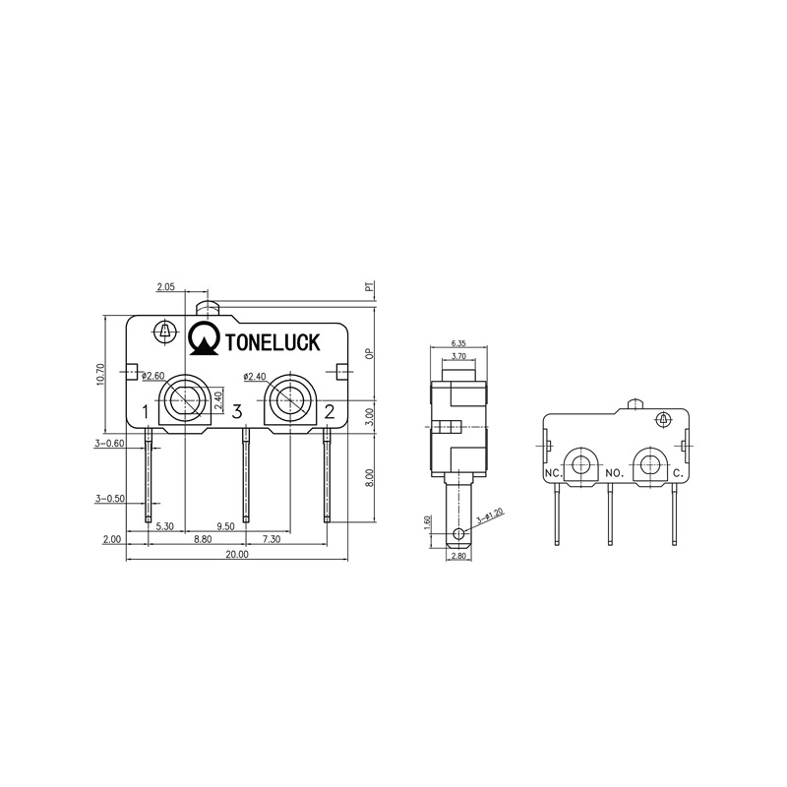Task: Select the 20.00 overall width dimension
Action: point(237,555)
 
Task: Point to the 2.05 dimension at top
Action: point(165,287)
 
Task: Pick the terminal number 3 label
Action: point(237,411)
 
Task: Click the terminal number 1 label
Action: point(145,411)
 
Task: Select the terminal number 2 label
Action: point(330,411)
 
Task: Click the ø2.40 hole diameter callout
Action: point(254,376)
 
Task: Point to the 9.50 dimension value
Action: point(224,526)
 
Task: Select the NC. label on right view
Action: point(554,473)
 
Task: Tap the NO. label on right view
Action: point(614,473)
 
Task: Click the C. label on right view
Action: point(678,473)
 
